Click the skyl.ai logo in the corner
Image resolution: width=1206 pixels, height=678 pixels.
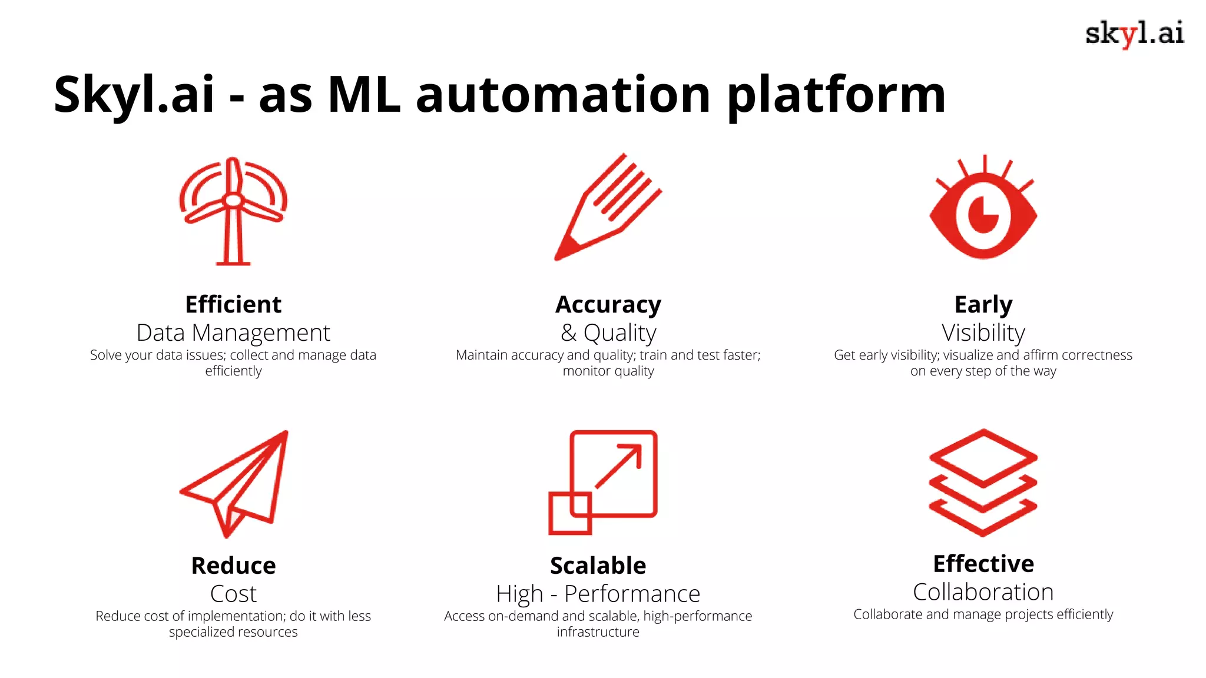pos(1134,34)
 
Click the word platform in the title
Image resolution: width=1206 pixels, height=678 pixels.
pos(836,95)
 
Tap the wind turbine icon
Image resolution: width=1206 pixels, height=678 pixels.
pos(233,210)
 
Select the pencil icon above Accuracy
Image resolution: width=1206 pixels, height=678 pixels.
pos(608,207)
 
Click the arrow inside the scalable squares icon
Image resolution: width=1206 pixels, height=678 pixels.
pos(619,466)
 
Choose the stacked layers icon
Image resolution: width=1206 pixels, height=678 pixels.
pos(983,482)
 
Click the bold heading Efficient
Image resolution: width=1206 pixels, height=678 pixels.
pos(233,304)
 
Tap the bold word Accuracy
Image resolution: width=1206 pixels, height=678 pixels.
pos(608,304)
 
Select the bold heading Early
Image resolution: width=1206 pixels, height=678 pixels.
pos(983,304)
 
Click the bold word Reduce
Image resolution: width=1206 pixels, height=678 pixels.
pos(233,566)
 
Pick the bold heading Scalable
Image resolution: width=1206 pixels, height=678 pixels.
pos(598,566)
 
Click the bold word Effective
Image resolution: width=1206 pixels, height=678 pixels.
pos(983,564)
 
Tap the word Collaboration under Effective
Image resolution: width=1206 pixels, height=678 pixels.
pos(983,592)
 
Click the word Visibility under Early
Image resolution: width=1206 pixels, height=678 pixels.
pos(983,333)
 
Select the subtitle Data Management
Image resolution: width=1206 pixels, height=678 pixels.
pos(233,333)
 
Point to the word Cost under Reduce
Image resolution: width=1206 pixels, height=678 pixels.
pos(233,594)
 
